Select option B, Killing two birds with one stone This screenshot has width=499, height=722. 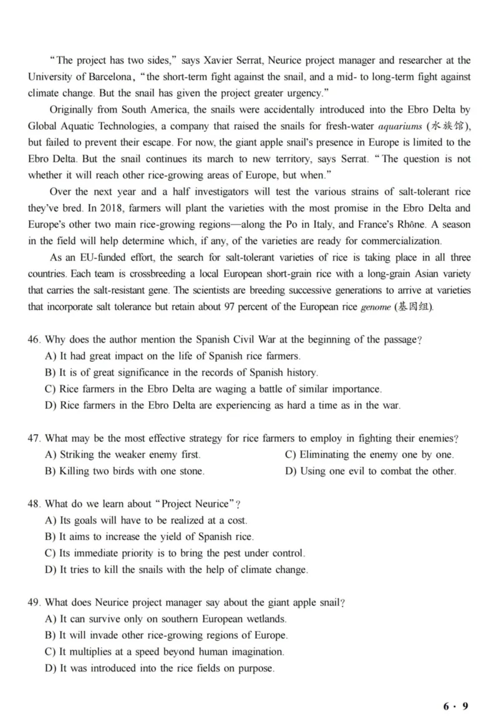[125, 471]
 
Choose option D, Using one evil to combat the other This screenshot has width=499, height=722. [370, 471]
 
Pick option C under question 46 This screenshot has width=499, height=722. [213, 389]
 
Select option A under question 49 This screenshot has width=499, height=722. [165, 619]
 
